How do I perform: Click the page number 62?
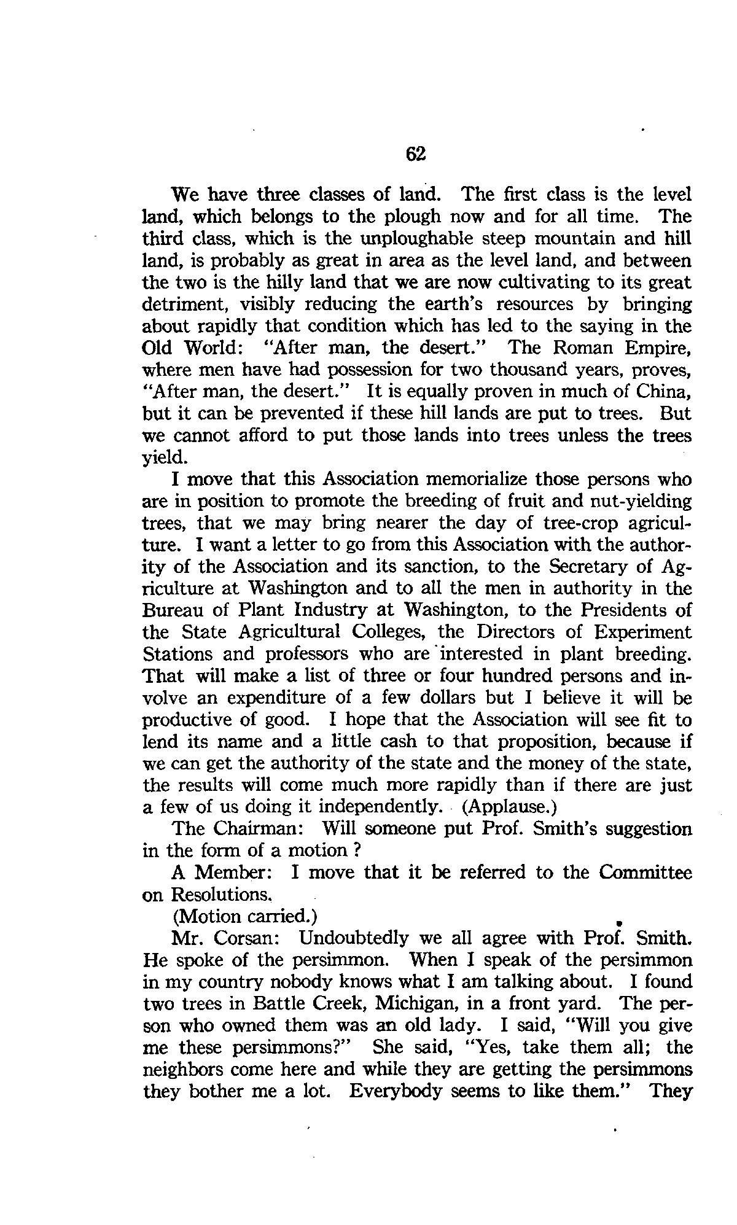coord(416,154)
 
